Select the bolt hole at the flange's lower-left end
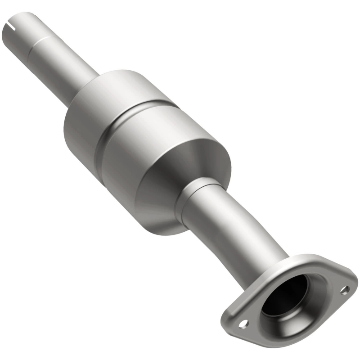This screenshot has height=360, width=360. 243,323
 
